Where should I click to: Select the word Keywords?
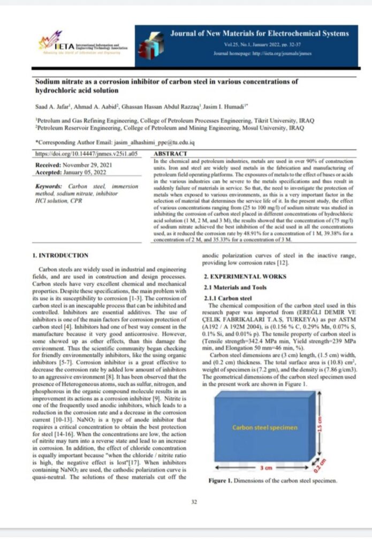click(49, 186)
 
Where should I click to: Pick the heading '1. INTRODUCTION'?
click(60, 255)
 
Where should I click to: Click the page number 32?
click(194, 501)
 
